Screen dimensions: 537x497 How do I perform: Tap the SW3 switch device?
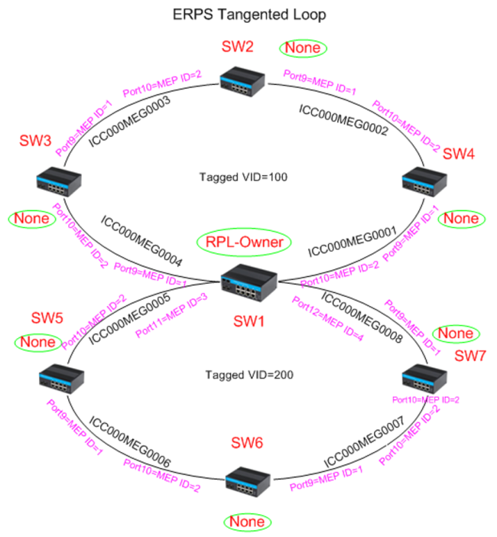click(x=58, y=181)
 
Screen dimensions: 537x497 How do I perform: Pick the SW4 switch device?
click(x=424, y=181)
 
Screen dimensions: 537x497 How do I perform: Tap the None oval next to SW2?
click(x=304, y=48)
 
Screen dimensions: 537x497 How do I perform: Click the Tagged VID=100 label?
click(x=242, y=177)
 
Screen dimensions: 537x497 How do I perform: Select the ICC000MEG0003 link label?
click(x=129, y=120)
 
